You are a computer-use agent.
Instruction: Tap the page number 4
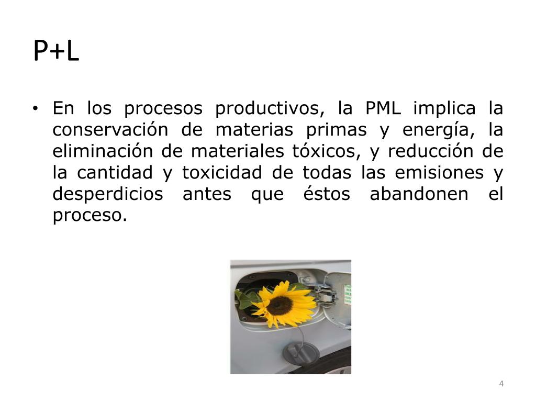pyautogui.click(x=501, y=384)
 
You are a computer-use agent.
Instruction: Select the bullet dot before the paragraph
pyautogui.click(x=35, y=109)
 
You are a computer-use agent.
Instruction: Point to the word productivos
pyautogui.click(x=267, y=109)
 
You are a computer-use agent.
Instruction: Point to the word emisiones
pyautogui.click(x=439, y=172)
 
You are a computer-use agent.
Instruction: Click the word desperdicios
pyautogui.click(x=108, y=194)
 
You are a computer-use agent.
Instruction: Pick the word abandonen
pyautogui.click(x=419, y=194)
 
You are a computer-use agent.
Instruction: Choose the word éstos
pyautogui.click(x=326, y=194)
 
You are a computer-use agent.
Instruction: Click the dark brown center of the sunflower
pyautogui.click(x=280, y=305)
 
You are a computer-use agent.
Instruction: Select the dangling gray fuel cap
pyautogui.click(x=301, y=352)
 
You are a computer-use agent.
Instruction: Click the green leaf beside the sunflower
pyautogui.click(x=245, y=299)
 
